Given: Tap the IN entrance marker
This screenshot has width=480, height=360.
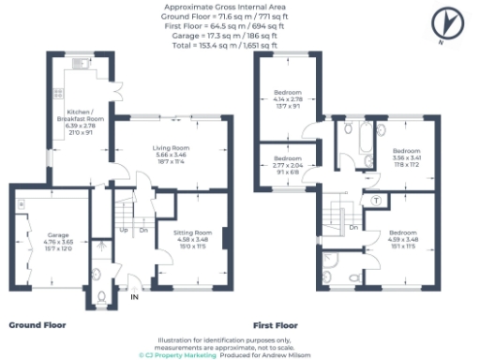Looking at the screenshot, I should (134, 296).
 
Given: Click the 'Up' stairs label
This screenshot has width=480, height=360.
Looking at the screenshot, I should (123, 230).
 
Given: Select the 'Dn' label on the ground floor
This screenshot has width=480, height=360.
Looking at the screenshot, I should (143, 230).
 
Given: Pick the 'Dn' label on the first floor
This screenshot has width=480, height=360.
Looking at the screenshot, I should (353, 227).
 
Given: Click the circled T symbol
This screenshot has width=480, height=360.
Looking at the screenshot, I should (376, 201).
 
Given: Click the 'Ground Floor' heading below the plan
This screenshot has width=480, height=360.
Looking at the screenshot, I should (38, 324).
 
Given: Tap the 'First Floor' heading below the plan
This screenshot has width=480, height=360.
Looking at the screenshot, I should (275, 325).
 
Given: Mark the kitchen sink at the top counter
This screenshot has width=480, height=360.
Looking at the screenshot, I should (80, 65).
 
